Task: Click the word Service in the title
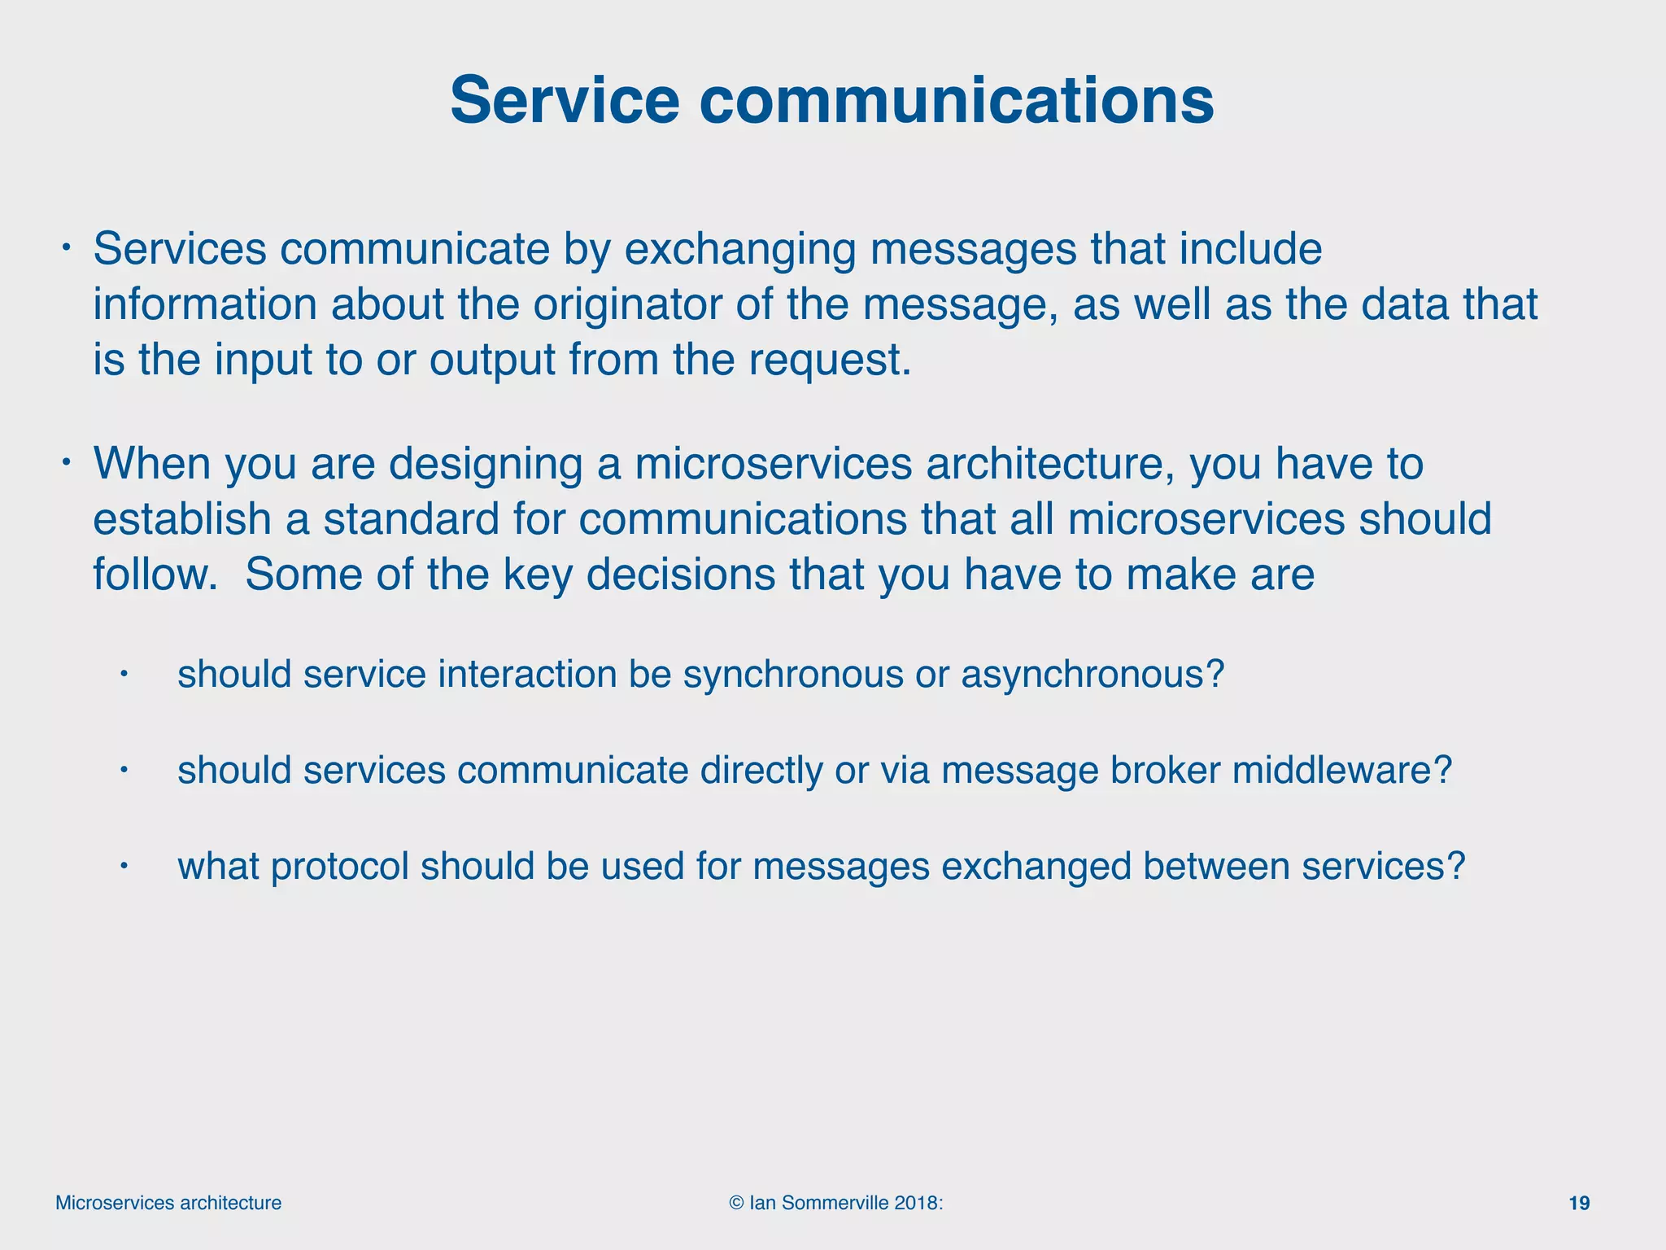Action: tap(564, 101)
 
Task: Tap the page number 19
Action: tap(1579, 1203)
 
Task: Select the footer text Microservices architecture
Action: tap(168, 1203)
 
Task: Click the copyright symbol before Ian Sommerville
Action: tap(736, 1203)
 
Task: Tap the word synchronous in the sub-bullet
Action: tap(792, 675)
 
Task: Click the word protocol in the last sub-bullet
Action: tap(339, 867)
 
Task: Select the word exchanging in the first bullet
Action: tap(739, 249)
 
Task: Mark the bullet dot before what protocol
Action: tap(124, 866)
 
